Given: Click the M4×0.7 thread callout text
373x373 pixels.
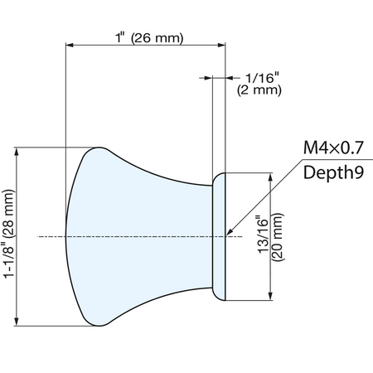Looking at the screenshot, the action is click(333, 148).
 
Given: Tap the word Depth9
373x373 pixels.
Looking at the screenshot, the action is click(333, 172).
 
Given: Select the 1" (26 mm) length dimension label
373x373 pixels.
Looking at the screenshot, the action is click(149, 37).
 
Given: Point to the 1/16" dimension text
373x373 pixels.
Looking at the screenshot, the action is click(263, 78).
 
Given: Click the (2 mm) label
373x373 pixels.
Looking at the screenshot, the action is click(259, 90).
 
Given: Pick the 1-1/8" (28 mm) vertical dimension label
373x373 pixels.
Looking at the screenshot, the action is click(8, 234).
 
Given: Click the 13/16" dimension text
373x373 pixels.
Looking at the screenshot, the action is click(263, 235).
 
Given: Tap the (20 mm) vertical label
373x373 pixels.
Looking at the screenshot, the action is click(278, 237).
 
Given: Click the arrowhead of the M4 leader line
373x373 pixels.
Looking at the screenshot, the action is click(230, 232).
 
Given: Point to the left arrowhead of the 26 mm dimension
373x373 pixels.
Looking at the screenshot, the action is click(70, 45).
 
